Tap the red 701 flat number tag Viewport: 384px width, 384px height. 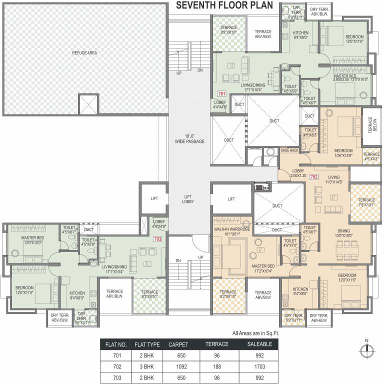(221, 93)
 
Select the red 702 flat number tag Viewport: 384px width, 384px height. (313, 177)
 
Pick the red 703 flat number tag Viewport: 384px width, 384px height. (157, 238)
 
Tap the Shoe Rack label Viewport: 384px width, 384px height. (289, 150)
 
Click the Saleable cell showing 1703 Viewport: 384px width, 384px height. (259, 366)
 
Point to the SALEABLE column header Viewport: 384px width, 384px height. (259, 345)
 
